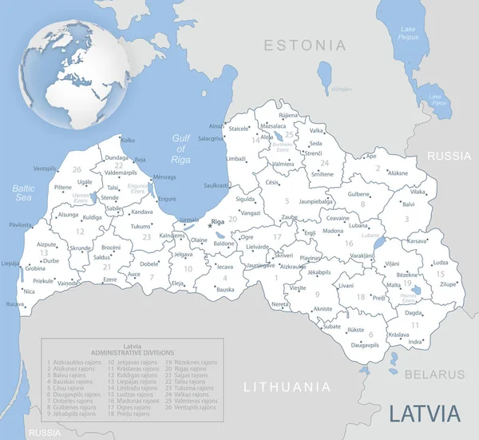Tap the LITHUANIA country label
coord(286,387)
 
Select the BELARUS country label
coord(434,374)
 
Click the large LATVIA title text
coord(425,414)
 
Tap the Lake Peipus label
coord(408,33)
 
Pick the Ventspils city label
coord(46,168)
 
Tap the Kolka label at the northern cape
coord(127,139)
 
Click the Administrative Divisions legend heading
coord(128,350)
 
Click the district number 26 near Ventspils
coord(77,169)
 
